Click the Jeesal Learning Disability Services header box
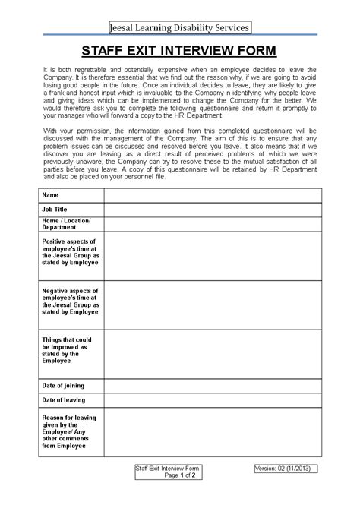coord(179,28)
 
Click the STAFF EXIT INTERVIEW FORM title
coord(179,52)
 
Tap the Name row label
coord(50,195)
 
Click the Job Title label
coord(55,208)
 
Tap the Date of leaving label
coord(64,400)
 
